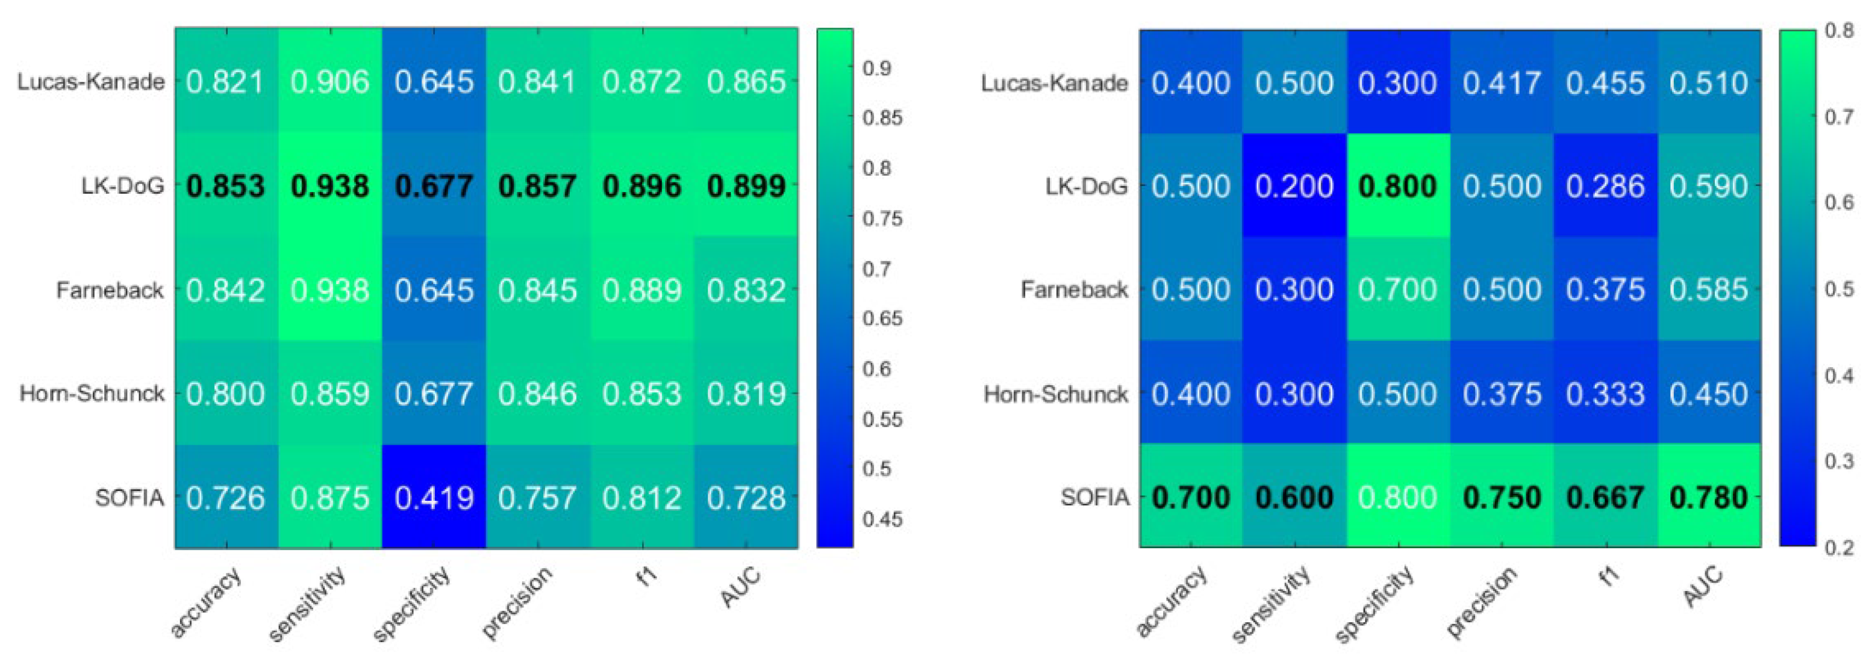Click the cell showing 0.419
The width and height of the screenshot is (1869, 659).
(x=434, y=497)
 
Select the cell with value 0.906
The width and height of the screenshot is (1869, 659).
(x=330, y=82)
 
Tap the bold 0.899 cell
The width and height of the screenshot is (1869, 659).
(x=746, y=187)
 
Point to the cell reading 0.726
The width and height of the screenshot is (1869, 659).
(x=226, y=497)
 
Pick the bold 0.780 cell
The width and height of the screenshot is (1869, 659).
(x=1709, y=497)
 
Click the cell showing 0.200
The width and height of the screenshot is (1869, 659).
(x=1294, y=187)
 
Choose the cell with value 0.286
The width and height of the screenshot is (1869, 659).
(x=1605, y=187)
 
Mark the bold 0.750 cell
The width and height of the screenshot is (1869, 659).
(x=1501, y=497)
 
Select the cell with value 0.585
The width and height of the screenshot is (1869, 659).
(x=1709, y=290)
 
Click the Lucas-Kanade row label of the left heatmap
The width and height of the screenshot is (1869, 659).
(x=91, y=82)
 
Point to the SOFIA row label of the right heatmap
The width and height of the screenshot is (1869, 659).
(x=1095, y=497)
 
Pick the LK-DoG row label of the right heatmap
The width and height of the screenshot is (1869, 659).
(x=1086, y=187)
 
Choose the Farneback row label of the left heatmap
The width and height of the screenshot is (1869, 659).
(x=110, y=291)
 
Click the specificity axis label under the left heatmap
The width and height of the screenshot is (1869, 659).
(x=412, y=603)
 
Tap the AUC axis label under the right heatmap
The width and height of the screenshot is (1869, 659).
(x=1703, y=586)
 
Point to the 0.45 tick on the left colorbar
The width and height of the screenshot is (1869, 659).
(x=882, y=519)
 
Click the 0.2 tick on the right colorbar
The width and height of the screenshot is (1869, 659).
(x=1839, y=547)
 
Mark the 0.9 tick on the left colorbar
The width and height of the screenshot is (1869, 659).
(x=876, y=68)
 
